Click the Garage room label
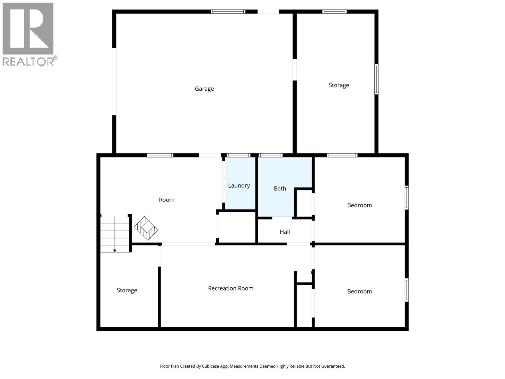[x=204, y=89]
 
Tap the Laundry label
[x=239, y=185]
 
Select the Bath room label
[x=280, y=189]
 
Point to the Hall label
[x=285, y=232]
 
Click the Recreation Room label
[x=231, y=288]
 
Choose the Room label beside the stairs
[x=167, y=200]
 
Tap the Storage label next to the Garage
[x=339, y=85]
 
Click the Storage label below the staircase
[x=127, y=290]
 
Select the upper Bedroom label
[x=359, y=205]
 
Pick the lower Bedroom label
[x=359, y=292]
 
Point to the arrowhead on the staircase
[x=115, y=251]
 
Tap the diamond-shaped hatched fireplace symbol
[x=146, y=228]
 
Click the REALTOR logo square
[x=28, y=29]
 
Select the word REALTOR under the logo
[x=28, y=61]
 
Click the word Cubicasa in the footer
[x=211, y=366]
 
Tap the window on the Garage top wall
[x=228, y=12]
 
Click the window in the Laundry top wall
[x=239, y=155]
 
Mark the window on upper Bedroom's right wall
[x=407, y=198]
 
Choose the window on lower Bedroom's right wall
[x=407, y=290]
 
